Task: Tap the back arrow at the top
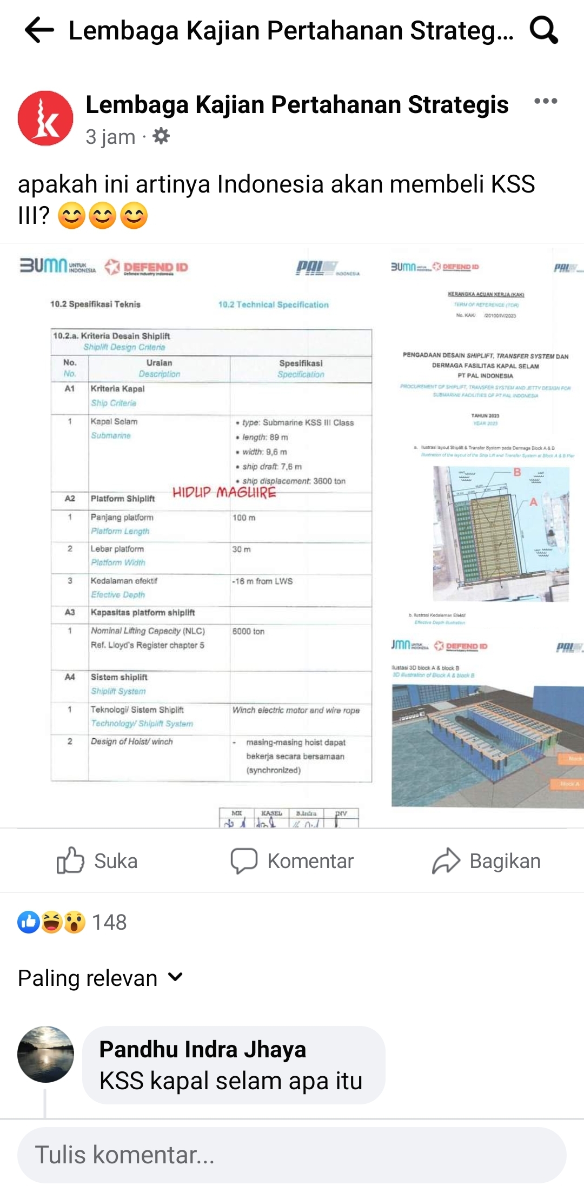[x=39, y=30]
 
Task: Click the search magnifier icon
[x=543, y=30]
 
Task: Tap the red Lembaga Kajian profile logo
[x=45, y=118]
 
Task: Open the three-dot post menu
[x=545, y=101]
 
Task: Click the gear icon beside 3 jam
[x=161, y=136]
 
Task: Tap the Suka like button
[x=97, y=860]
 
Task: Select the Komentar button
[x=292, y=860]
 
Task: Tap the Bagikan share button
[x=487, y=860]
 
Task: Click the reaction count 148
[x=109, y=922]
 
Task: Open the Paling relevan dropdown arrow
[x=175, y=977]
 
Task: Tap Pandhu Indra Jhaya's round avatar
[x=45, y=1054]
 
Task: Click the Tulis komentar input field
[x=292, y=1155]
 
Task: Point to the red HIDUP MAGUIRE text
[x=224, y=493]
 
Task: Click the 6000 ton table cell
[x=249, y=631]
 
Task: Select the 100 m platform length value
[x=244, y=518]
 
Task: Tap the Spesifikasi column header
[x=301, y=363]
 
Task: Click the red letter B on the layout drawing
[x=517, y=472]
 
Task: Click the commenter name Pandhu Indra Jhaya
[x=203, y=1049]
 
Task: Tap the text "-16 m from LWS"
[x=262, y=581]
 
